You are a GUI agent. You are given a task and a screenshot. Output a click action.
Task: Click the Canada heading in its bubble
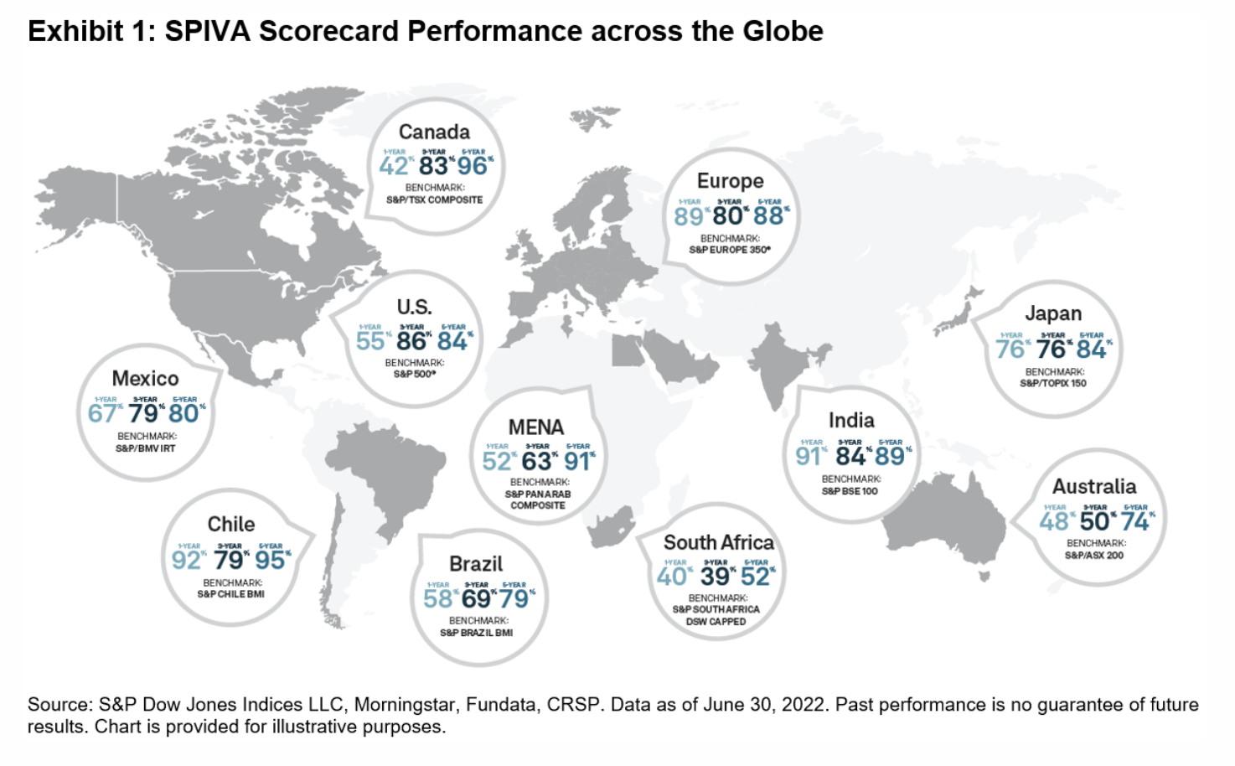click(434, 132)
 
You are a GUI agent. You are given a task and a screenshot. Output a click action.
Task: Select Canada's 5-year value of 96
click(473, 166)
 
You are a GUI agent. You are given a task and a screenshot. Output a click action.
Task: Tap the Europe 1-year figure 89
click(688, 216)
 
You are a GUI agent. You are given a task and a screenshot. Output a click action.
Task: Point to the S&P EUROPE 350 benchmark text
click(730, 250)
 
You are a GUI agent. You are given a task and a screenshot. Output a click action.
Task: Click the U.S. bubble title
click(414, 307)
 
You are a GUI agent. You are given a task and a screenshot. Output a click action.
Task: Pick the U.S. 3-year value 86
click(411, 341)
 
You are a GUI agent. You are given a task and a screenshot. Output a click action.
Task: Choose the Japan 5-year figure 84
click(1092, 349)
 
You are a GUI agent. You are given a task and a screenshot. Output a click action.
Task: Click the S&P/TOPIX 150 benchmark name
click(1053, 383)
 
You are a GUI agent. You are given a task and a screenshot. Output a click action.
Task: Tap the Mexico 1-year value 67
click(102, 413)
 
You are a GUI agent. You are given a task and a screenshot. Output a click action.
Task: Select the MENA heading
click(536, 427)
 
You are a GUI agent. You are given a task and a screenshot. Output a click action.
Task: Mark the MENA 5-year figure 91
click(577, 461)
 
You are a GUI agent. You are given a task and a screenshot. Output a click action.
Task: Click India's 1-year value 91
click(809, 456)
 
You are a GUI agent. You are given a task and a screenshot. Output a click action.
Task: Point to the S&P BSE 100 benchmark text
click(850, 491)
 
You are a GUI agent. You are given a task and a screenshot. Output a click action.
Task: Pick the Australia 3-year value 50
click(1094, 521)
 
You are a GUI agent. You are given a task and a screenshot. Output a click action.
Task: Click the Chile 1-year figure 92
click(186, 560)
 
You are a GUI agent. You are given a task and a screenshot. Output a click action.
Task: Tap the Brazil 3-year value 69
click(476, 598)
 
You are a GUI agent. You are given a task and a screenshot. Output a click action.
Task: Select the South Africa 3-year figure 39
click(716, 577)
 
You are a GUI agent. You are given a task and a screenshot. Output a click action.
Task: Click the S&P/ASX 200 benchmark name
click(1094, 555)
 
